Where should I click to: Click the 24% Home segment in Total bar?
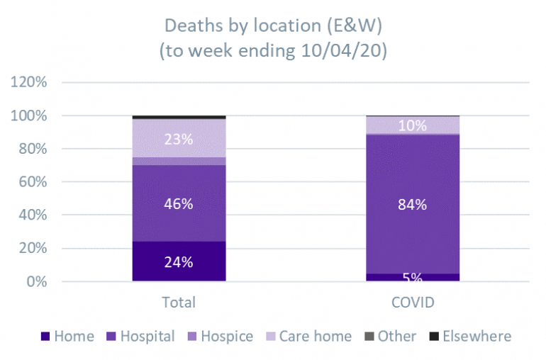(179, 261)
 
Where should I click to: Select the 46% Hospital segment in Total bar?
(179, 203)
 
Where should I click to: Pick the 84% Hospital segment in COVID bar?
(413, 205)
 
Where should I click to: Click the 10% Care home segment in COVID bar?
(413, 125)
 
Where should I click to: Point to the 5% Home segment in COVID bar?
(413, 277)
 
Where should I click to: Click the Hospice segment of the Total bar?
(179, 162)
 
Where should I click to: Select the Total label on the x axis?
(179, 303)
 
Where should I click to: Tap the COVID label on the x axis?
(413, 303)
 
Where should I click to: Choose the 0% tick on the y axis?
(35, 282)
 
